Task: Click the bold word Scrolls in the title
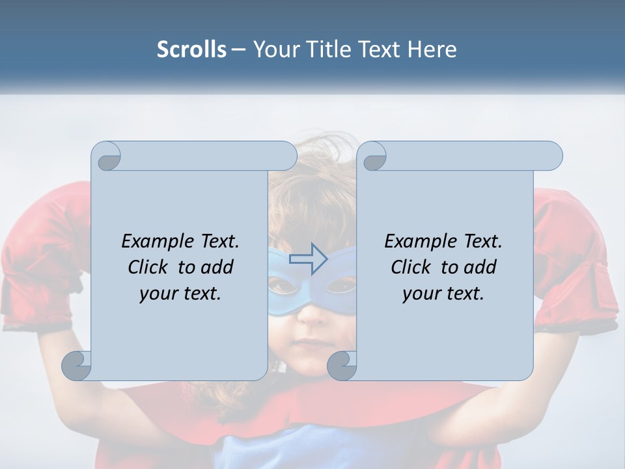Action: click(191, 50)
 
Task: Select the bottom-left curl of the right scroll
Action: click(342, 365)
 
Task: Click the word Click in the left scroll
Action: click(148, 268)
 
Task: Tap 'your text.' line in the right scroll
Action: click(443, 294)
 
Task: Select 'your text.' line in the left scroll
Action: click(180, 294)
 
